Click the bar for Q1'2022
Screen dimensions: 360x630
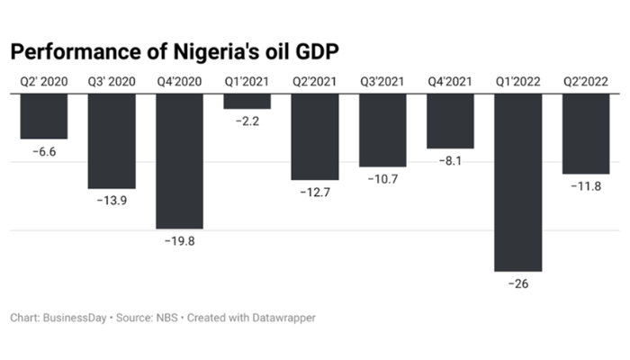(518, 182)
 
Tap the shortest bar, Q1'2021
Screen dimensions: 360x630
(247, 101)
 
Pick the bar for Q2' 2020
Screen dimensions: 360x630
(44, 116)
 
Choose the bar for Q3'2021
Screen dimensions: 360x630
(382, 130)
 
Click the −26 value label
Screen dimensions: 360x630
(518, 284)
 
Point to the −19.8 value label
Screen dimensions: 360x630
(179, 241)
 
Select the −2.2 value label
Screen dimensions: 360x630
(247, 121)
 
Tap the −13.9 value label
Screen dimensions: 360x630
(112, 201)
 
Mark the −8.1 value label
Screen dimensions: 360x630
(450, 161)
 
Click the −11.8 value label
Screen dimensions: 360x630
(586, 186)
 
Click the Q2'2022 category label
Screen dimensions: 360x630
(586, 82)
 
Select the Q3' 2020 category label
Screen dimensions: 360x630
(112, 82)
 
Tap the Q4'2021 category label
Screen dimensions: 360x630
(450, 82)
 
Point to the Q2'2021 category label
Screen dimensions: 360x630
(315, 82)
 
